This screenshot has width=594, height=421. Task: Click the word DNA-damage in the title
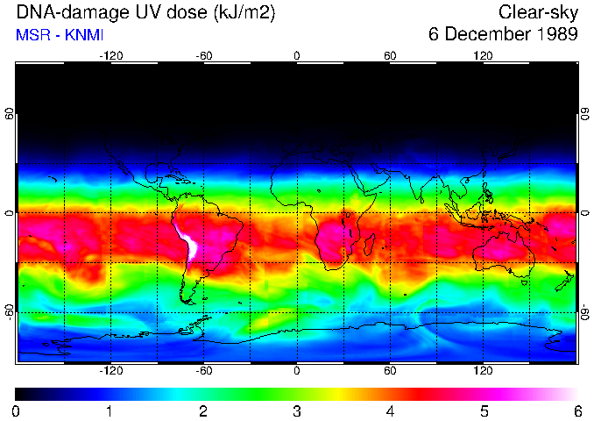[x=67, y=12]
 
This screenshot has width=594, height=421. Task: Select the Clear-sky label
[x=538, y=12]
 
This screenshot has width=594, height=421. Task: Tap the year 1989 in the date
[x=555, y=35]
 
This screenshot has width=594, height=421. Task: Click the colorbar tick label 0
[x=17, y=410]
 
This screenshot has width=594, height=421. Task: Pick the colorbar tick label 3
[x=297, y=410]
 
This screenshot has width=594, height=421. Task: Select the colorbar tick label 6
[x=576, y=410]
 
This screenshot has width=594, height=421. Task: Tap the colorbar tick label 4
[x=390, y=410]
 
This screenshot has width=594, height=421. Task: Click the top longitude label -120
[x=110, y=56]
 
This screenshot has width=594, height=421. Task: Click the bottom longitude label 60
[x=390, y=370]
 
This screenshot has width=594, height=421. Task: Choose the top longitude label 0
[x=297, y=56]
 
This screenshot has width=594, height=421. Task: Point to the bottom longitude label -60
[x=203, y=370]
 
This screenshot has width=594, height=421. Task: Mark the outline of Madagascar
[x=371, y=245]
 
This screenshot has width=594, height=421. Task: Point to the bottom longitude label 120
[x=483, y=370]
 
